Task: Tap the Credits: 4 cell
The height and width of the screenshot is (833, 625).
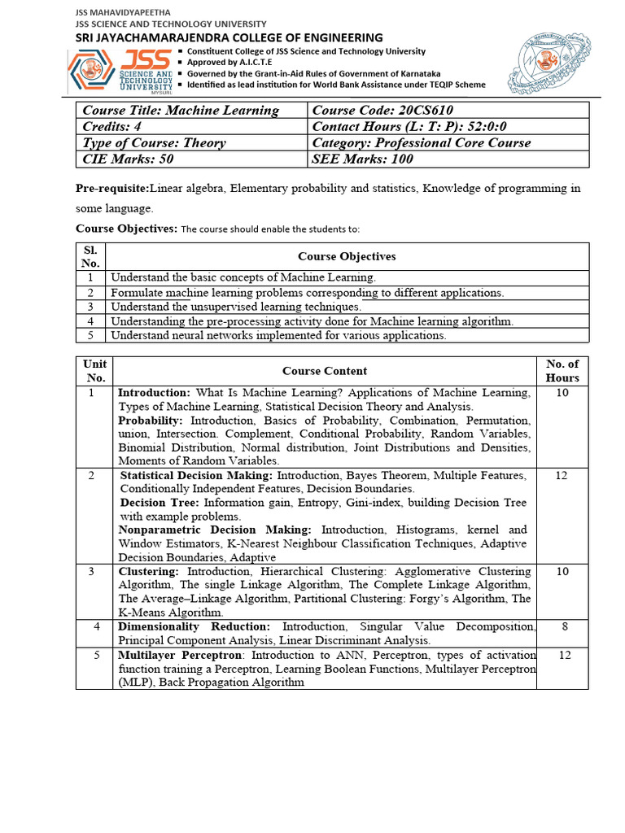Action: [192, 127]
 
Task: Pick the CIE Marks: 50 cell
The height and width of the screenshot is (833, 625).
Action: [192, 159]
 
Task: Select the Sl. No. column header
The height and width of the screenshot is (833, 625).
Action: [90, 256]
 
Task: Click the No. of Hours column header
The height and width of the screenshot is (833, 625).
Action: [562, 371]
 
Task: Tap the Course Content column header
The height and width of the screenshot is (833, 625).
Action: [325, 371]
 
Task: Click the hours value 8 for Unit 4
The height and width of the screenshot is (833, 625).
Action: [562, 627]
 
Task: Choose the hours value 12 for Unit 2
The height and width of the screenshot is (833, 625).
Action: [562, 475]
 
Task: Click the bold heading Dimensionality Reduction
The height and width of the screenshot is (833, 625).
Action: [194, 627]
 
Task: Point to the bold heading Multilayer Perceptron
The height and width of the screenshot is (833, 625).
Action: [180, 655]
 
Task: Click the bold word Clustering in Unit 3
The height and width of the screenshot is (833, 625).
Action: [148, 572]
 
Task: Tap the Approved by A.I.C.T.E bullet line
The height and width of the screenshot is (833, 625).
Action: [230, 62]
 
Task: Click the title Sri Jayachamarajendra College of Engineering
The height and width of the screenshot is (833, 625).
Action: [229, 37]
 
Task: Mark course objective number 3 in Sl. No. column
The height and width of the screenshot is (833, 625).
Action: [91, 307]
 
